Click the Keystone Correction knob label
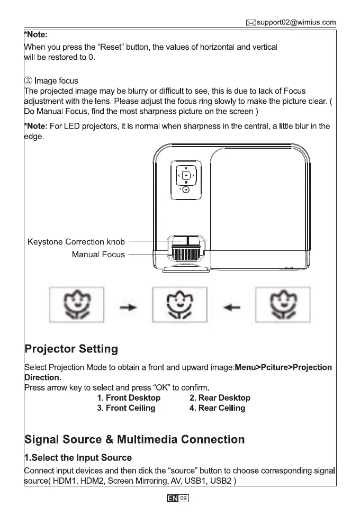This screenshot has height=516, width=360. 76,242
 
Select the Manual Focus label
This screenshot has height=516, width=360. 98,255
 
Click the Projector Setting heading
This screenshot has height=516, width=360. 71,349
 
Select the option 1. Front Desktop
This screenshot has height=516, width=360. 129,397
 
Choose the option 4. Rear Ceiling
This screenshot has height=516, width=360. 217,408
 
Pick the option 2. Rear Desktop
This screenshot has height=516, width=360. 220,397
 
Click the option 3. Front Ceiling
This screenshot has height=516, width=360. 126,408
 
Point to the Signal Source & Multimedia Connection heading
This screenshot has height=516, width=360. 135,439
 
